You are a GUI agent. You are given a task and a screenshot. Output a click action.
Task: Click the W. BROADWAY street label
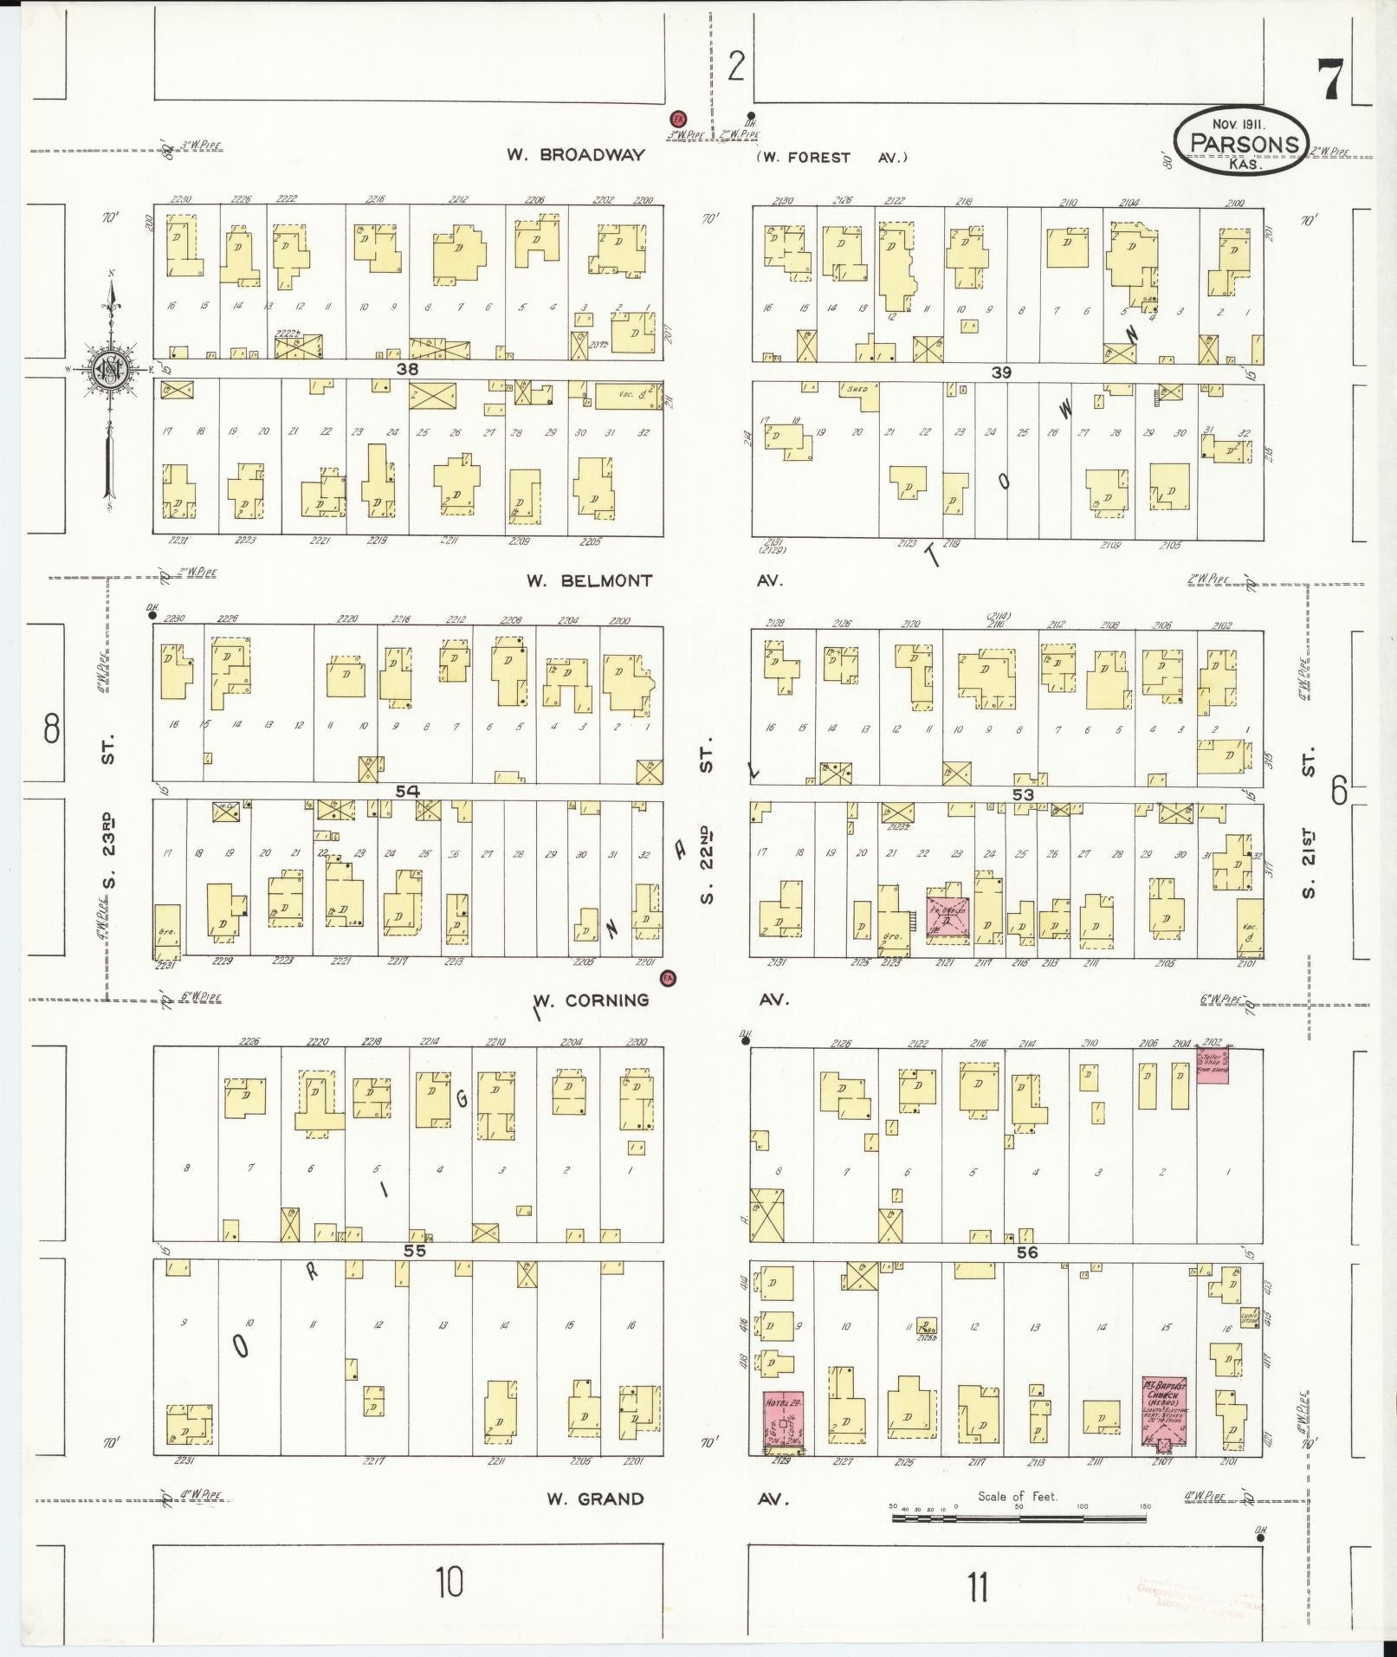pos(576,155)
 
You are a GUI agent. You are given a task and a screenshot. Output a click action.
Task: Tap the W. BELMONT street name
pos(589,580)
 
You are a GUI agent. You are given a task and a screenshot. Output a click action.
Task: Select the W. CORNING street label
pos(592,1000)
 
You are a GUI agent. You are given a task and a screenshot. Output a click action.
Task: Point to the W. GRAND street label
pos(595,1498)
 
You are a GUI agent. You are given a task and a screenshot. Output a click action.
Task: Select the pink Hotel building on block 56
pos(783,1421)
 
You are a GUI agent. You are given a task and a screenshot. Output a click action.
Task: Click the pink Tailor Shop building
pos(1213,1064)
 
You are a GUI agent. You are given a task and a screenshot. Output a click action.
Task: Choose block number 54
pos(407,791)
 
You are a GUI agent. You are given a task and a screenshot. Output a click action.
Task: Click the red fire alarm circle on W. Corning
pos(668,979)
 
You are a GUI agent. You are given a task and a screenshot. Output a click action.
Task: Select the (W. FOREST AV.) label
pos(831,158)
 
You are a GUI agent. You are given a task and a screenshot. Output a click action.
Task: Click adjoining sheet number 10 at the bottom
pos(450,1583)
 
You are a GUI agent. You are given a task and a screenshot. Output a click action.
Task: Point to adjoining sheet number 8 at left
pos(52,728)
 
